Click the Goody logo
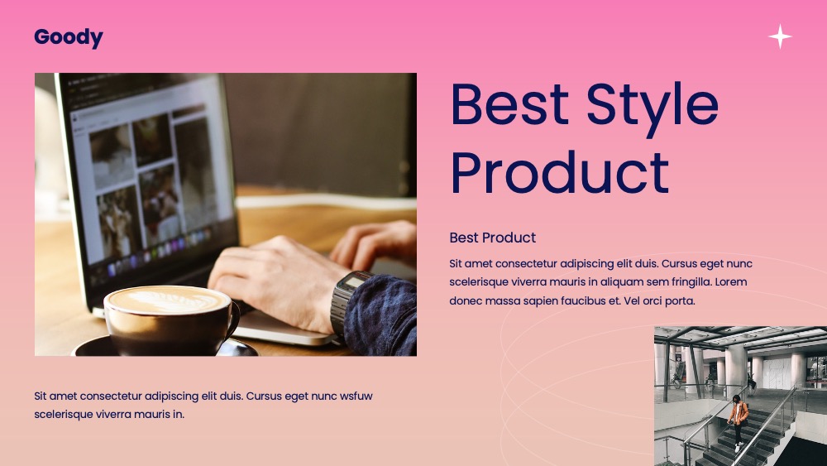[69, 37]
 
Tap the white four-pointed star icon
[780, 36]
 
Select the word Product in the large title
[560, 172]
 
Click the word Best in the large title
[510, 103]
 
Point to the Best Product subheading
[493, 238]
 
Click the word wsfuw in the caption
[356, 396]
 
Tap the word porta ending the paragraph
[681, 301]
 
